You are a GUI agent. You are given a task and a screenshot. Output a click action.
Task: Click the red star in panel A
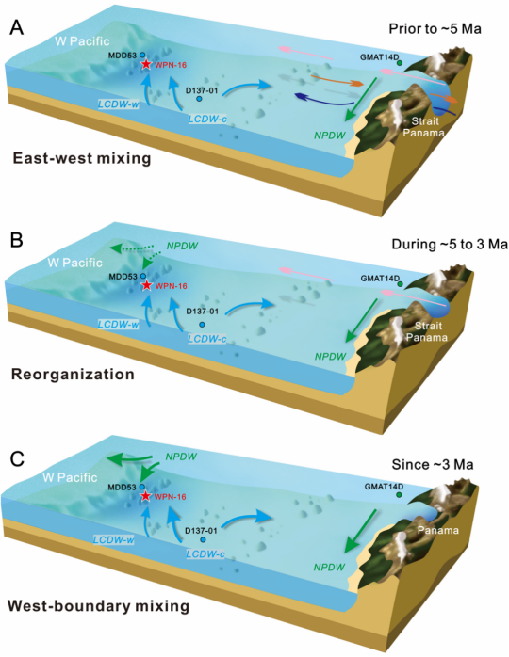[146, 64]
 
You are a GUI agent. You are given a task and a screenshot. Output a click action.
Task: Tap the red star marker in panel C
[145, 496]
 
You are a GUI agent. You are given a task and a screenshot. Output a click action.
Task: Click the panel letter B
[16, 241]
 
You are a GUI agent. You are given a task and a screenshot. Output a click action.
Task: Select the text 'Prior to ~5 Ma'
[435, 28]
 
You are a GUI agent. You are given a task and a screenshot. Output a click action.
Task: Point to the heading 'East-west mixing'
[82, 159]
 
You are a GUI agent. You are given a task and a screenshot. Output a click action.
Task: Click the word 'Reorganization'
[73, 374]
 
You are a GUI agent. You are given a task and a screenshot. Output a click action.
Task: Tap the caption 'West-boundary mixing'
[98, 606]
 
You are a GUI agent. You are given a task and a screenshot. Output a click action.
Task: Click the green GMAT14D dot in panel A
[400, 62]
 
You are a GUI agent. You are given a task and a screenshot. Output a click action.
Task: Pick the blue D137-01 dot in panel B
[203, 325]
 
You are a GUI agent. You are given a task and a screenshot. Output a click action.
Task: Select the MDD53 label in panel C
[123, 488]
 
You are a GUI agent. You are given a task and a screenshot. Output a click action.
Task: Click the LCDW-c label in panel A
[207, 119]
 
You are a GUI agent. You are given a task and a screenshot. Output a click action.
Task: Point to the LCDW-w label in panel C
[114, 539]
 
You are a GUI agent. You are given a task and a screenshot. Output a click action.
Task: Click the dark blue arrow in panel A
[326, 100]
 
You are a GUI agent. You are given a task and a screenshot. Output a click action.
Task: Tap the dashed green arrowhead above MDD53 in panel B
[147, 264]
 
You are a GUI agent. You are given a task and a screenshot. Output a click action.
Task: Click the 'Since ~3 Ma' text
[433, 464]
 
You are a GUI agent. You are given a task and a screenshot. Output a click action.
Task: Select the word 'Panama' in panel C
[438, 530]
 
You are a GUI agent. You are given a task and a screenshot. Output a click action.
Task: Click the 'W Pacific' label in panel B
[75, 263]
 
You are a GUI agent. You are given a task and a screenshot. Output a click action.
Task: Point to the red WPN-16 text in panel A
[171, 65]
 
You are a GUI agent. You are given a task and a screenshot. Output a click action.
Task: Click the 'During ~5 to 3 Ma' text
[450, 244]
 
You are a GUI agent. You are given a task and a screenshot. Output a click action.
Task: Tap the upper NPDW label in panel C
[181, 457]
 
